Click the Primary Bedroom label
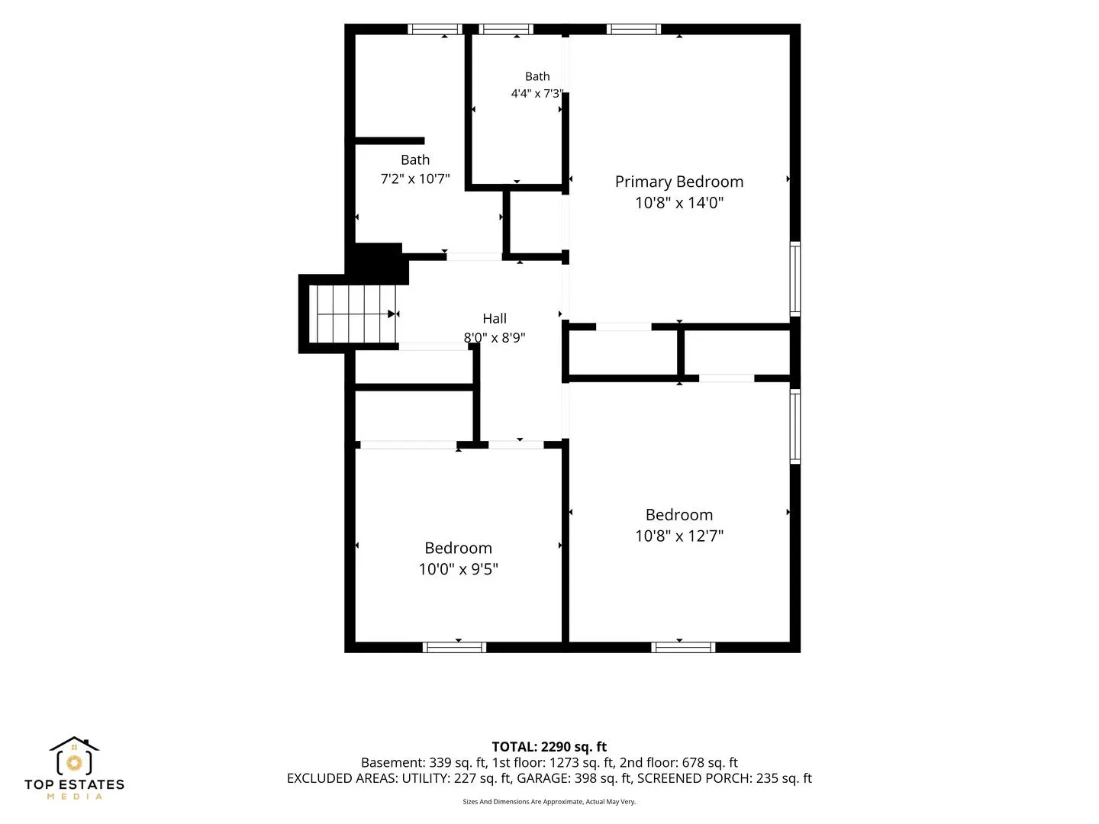coord(679,182)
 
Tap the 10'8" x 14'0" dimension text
coord(679,203)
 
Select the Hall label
coord(495,319)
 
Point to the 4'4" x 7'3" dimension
coord(537,94)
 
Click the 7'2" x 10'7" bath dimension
coord(415,179)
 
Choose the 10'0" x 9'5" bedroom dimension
coord(458,569)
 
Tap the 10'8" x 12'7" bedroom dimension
coord(679,536)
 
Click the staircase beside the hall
coord(353,314)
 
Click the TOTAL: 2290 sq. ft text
coord(549,747)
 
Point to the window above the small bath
coord(506,30)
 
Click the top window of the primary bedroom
coord(633,30)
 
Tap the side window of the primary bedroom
coord(795,278)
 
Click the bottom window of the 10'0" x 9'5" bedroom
coord(454,648)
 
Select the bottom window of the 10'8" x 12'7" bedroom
coord(683,648)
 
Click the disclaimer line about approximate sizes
coord(549,801)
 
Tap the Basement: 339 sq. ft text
coord(424,763)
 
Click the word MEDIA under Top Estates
coord(75,797)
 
